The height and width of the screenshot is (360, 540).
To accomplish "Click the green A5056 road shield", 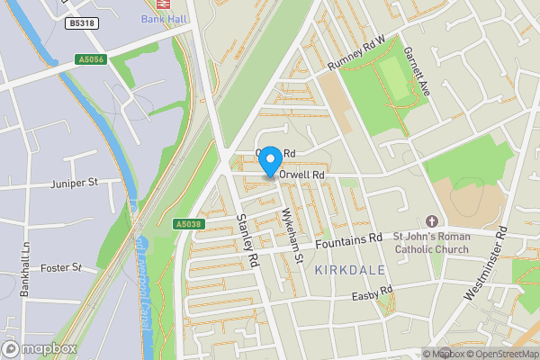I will pos(91,59).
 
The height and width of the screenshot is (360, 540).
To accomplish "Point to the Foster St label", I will pos(63,267).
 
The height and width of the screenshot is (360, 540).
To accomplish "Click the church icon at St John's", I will pos(430,220).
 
